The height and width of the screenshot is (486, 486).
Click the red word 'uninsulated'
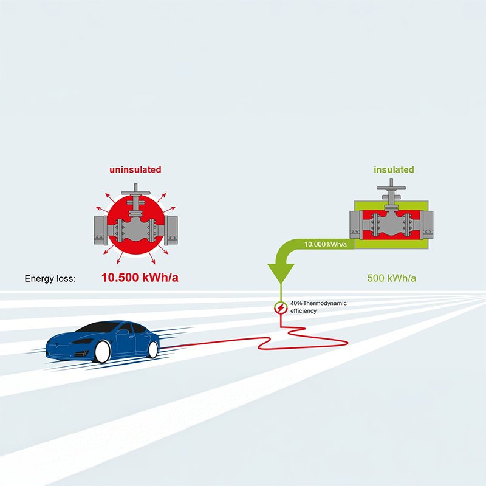[135, 169]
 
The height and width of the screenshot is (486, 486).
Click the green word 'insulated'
[394, 169]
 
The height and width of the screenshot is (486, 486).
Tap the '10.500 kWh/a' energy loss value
[140, 278]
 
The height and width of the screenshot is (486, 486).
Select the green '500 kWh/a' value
[391, 278]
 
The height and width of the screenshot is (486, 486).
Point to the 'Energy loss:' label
[50, 279]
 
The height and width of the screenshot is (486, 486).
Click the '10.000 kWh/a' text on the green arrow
[326, 244]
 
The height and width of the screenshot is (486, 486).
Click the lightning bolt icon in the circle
[281, 308]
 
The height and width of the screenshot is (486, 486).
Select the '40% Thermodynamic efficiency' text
[318, 307]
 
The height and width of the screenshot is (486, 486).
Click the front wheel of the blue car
[102, 352]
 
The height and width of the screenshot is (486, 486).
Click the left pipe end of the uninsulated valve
[100, 231]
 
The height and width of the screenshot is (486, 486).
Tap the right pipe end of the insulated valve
[427, 225]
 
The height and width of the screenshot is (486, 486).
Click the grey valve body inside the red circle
[135, 230]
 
